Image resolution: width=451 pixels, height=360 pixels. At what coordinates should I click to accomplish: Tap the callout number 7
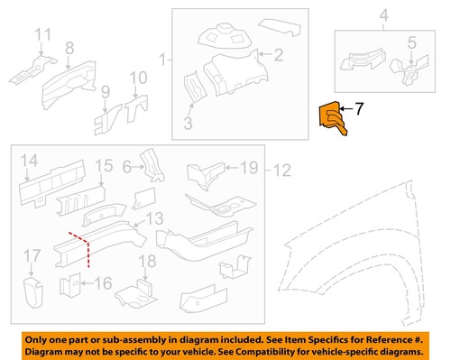(x=359, y=110)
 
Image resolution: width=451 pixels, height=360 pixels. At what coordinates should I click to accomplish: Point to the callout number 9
(x=105, y=90)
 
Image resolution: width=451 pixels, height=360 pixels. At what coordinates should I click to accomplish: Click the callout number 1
(x=162, y=60)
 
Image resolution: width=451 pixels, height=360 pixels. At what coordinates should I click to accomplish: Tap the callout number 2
(x=279, y=55)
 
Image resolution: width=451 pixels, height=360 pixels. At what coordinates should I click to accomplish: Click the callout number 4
(x=382, y=14)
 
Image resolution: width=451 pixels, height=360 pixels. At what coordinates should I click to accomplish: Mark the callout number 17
(x=32, y=254)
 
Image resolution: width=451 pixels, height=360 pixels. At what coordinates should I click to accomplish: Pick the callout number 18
(x=141, y=262)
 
